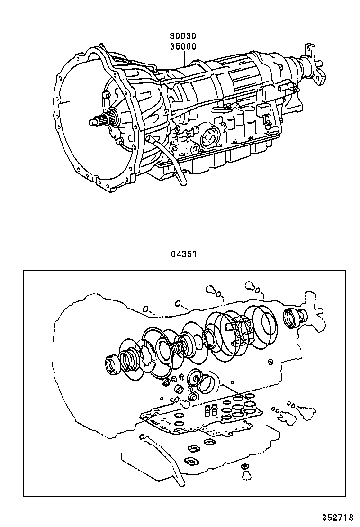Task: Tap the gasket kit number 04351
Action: click(183, 254)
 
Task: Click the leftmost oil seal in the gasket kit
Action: click(113, 365)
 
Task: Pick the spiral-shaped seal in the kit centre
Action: click(195, 379)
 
